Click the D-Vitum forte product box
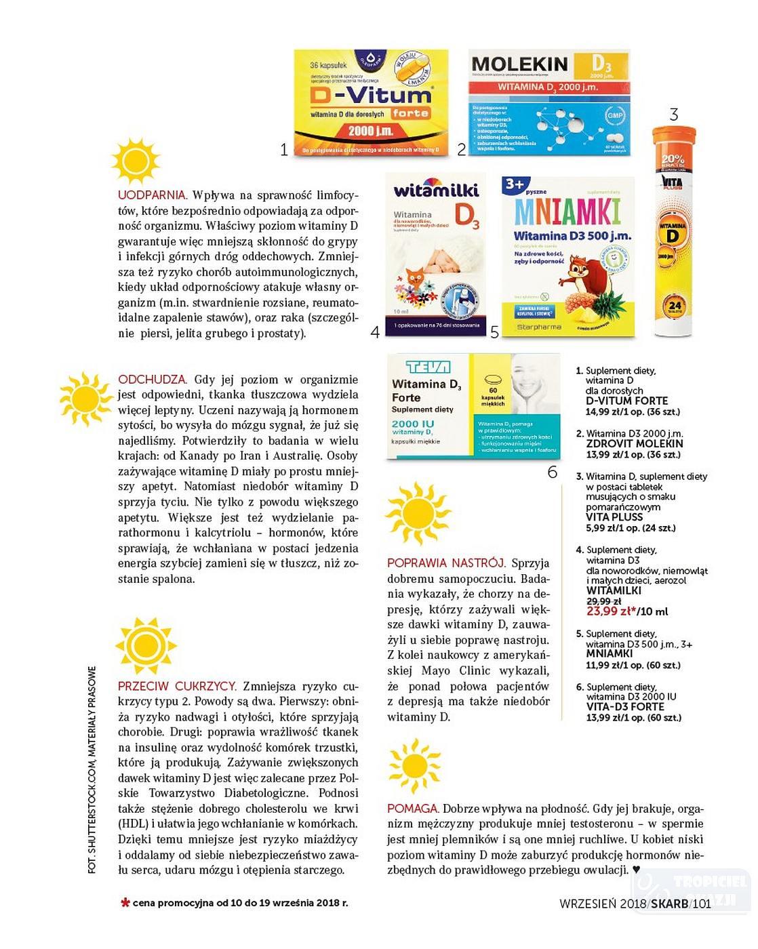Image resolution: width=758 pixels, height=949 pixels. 371,102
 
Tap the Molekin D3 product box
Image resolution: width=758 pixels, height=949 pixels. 548,102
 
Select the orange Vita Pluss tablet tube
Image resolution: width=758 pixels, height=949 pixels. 673,230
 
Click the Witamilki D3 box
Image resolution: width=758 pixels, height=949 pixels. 435,254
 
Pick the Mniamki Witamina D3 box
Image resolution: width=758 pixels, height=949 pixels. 568,257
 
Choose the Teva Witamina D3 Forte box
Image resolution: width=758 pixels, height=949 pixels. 473,407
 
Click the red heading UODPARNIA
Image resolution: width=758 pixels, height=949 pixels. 151,196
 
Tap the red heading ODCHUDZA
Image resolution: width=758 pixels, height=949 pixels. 152,380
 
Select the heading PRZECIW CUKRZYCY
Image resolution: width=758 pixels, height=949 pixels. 177,686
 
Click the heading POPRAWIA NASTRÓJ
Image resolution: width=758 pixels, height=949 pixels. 446,563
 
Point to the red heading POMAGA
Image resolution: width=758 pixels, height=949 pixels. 412,809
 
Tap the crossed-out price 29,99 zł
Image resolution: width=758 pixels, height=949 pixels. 603,601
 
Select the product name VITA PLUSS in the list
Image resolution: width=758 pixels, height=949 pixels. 614,517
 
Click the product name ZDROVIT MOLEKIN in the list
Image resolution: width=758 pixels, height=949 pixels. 634,443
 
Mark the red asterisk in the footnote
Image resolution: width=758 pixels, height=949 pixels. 125,903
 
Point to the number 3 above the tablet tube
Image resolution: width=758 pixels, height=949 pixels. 673,115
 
